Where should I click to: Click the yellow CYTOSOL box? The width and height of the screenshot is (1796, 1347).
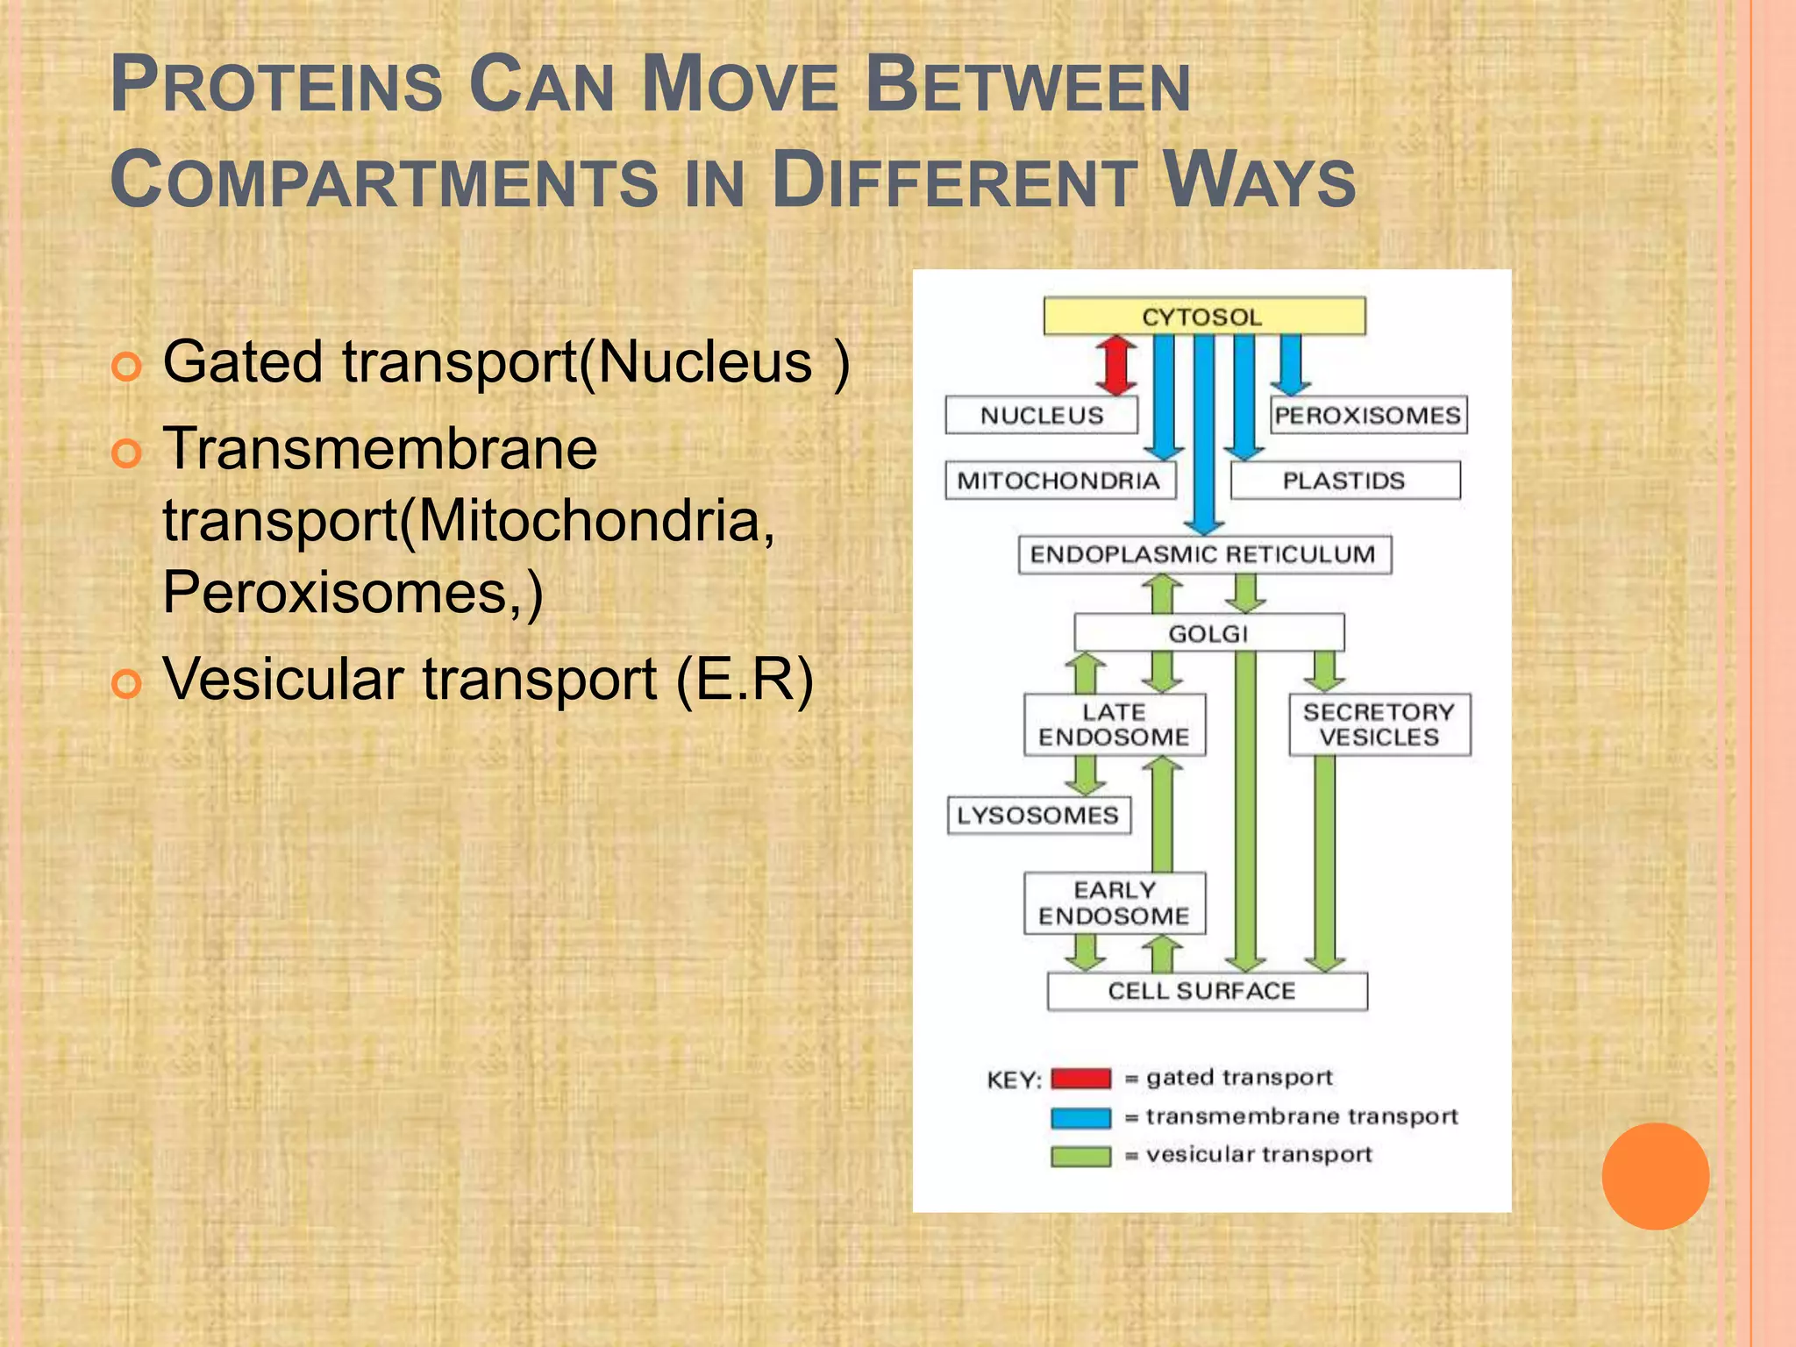(1203, 316)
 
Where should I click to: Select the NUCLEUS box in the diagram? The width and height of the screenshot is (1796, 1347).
(1041, 415)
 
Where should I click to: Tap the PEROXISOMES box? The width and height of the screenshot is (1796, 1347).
(1368, 415)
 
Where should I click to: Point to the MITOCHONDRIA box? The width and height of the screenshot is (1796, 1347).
(1059, 481)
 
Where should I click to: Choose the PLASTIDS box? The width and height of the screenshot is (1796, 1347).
(1344, 481)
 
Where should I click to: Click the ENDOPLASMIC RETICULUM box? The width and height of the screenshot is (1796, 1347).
(1203, 554)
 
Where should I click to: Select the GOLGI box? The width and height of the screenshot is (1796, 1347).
(1208, 632)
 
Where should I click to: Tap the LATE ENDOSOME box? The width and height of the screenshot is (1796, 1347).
(1114, 724)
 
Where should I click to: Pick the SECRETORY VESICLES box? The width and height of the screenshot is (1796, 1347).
(1379, 724)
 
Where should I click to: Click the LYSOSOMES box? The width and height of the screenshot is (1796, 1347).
(1038, 815)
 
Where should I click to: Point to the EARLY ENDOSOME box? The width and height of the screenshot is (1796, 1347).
(1114, 902)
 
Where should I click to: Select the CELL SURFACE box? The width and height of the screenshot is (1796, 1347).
(1207, 991)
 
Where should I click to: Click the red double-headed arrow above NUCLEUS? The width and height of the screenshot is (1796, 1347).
(1115, 366)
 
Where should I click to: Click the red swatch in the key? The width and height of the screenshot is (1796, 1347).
(1080, 1078)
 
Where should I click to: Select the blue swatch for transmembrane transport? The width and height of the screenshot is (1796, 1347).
(1080, 1117)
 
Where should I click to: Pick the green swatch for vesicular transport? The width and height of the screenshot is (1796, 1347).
(1080, 1156)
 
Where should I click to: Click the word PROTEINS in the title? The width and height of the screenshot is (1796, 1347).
(277, 85)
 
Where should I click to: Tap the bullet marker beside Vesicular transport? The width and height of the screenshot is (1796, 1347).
(126, 682)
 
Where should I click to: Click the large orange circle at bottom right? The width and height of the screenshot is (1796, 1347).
(1655, 1176)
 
